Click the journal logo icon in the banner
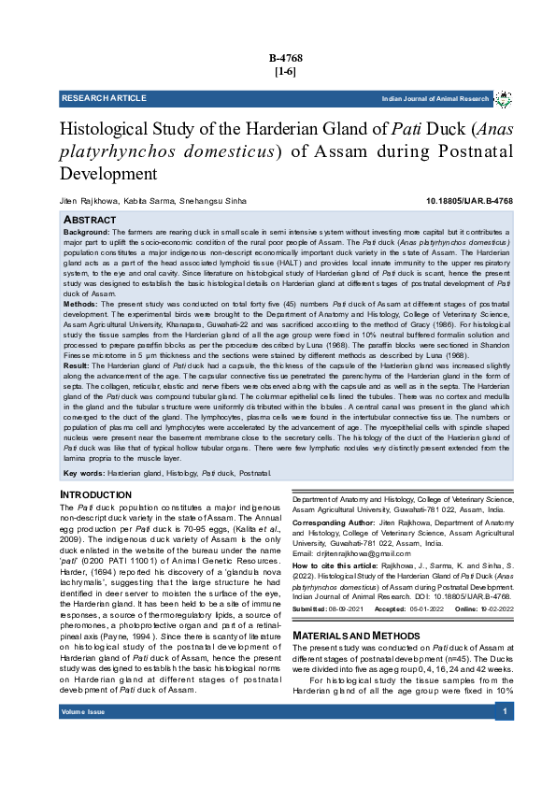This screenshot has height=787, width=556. [x=503, y=98]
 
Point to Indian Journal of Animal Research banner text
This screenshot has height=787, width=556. [x=435, y=99]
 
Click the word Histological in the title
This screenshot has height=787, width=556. [x=113, y=131]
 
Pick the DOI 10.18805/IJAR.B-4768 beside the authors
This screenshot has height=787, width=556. [x=468, y=202]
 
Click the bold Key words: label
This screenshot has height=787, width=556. [x=83, y=475]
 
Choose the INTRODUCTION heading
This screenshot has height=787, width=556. [x=95, y=495]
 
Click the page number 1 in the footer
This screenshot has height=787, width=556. [x=505, y=738]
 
